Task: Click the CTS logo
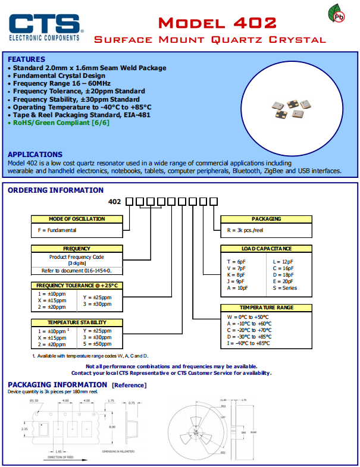45,26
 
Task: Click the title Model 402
217,23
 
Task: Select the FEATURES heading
26,59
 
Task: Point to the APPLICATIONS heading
35,155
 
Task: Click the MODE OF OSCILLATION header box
76,219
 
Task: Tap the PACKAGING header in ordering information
266,219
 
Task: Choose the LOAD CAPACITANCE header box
266,249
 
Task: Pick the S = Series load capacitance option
284,288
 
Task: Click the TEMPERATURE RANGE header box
266,308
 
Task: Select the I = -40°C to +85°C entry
249,343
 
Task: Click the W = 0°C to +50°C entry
248,317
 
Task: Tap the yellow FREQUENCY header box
76,249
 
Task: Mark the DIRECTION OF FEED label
65,457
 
